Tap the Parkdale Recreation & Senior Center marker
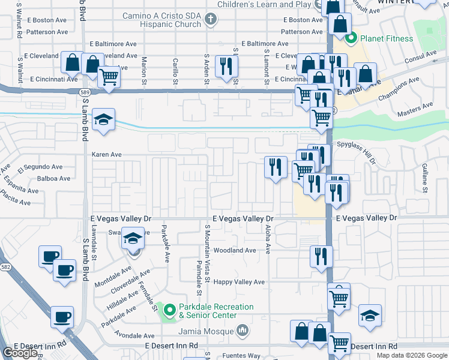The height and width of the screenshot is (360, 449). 170,311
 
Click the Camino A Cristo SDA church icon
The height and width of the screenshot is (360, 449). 209,20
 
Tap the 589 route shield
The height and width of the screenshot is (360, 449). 86,92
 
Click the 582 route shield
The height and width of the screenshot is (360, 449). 4,255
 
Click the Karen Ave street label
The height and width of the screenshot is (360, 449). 106,154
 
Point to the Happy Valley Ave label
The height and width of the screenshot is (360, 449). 240,281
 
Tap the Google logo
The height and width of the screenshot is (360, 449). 20,353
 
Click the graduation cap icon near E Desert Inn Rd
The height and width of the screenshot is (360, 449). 370,315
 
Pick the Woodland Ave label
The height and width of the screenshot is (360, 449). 235,250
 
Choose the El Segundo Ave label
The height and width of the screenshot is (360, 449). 40,167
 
